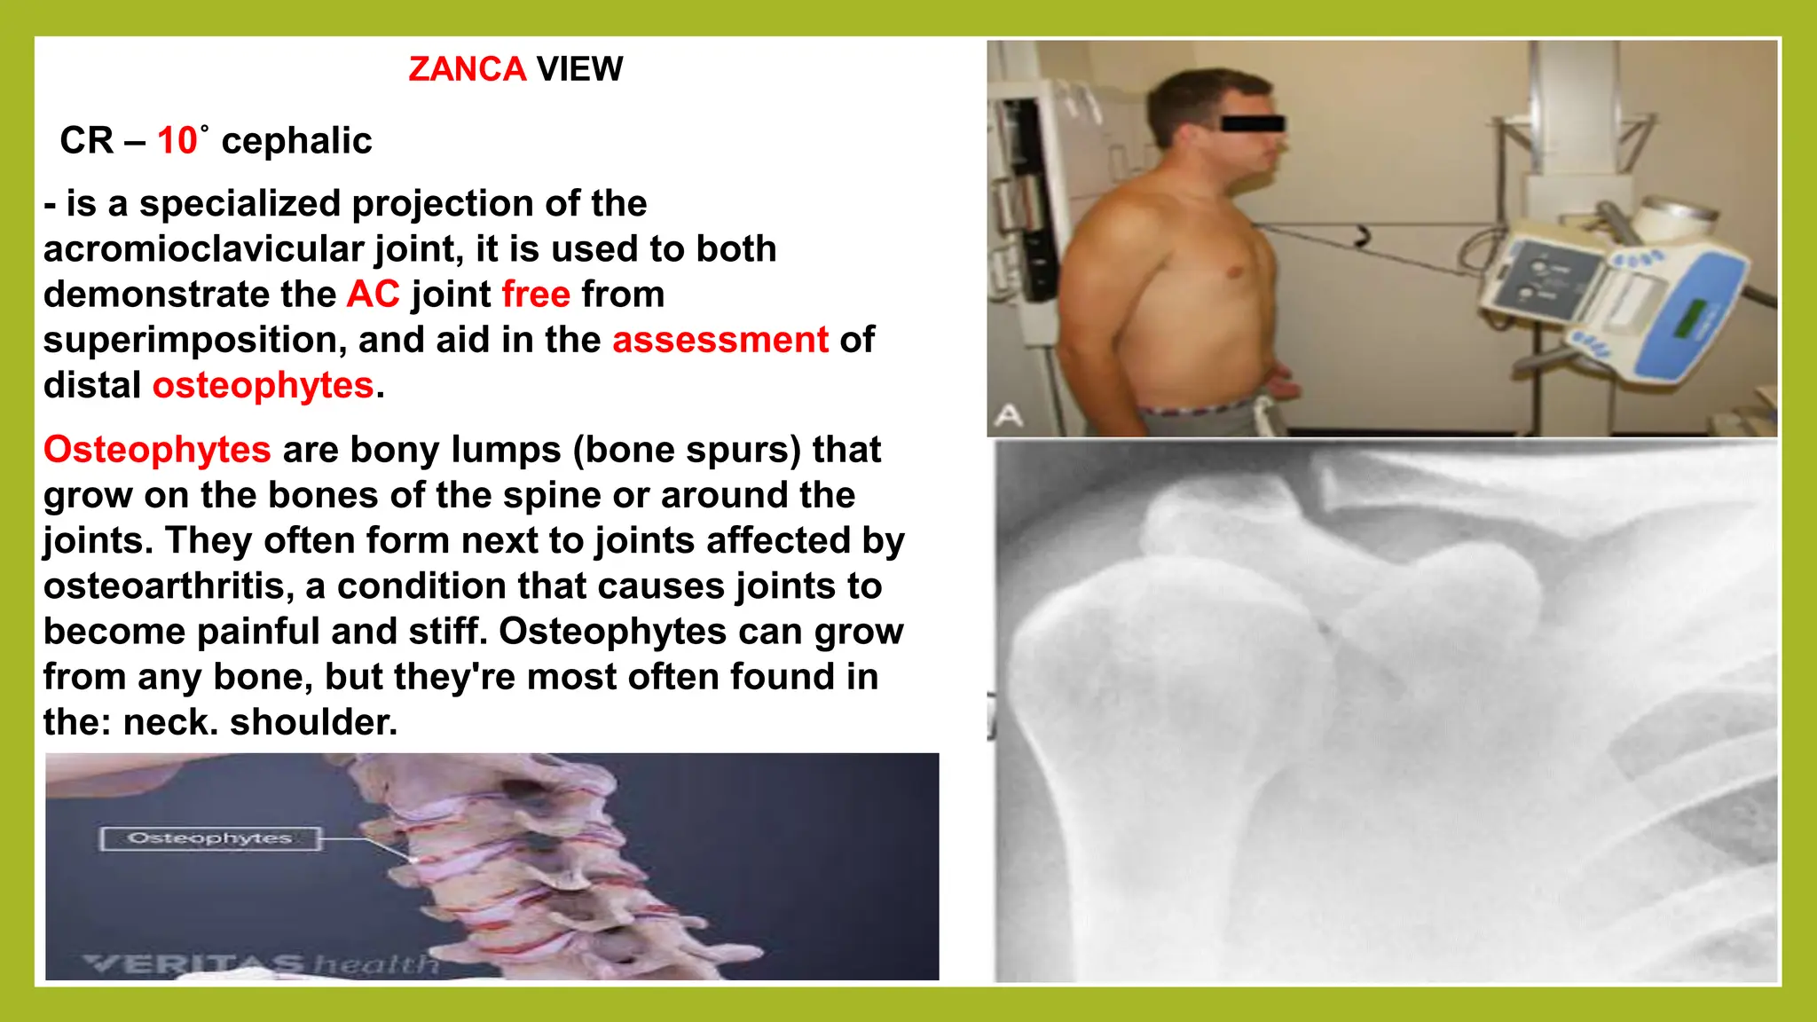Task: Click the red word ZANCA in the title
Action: pyautogui.click(x=467, y=69)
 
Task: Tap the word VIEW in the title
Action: pyautogui.click(x=579, y=69)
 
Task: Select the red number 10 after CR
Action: pyautogui.click(x=177, y=141)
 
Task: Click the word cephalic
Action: pyautogui.click(x=296, y=141)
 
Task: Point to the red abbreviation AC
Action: pyautogui.click(x=373, y=295)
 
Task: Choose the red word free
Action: pyautogui.click(x=536, y=295)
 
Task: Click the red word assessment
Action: pyautogui.click(x=720, y=340)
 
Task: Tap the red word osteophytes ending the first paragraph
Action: pyautogui.click(x=263, y=385)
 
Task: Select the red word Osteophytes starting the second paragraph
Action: pyautogui.click(x=157, y=450)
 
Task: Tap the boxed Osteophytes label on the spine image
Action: pyautogui.click(x=209, y=838)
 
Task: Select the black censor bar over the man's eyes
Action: pyautogui.click(x=1252, y=123)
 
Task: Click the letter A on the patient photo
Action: pyautogui.click(x=1008, y=415)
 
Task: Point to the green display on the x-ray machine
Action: pyautogui.click(x=1690, y=318)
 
